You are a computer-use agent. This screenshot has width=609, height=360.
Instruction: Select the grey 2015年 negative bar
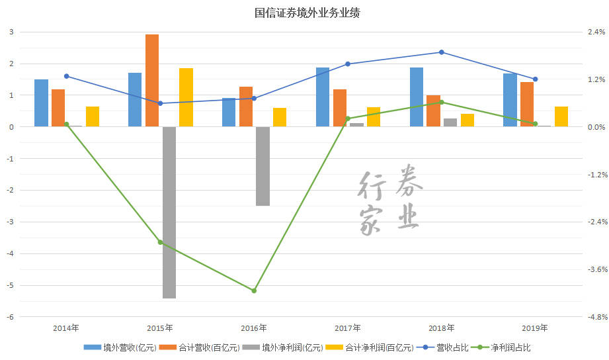coord(169,212)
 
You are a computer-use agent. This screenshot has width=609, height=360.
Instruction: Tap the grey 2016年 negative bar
coord(263,165)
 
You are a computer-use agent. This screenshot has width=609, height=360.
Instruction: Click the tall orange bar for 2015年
coord(152,80)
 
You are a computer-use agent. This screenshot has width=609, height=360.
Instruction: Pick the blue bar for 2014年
coord(41,103)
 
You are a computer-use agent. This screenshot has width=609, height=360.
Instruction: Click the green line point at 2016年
coord(254,291)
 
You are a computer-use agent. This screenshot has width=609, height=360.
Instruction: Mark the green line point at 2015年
coord(160,242)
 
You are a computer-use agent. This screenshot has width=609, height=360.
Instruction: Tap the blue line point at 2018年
coord(442,52)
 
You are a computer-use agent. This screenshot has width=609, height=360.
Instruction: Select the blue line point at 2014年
coord(66,76)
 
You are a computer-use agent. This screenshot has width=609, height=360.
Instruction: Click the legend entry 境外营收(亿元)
coord(120,347)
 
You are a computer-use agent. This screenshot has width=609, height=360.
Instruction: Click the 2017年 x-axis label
coord(348,328)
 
